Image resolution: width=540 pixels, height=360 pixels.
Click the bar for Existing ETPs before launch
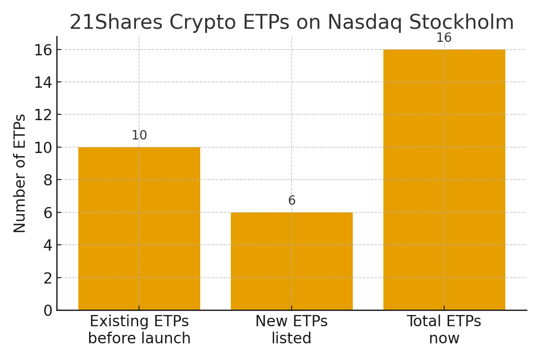pos(139,229)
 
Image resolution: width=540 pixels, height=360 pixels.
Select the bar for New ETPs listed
pos(292,261)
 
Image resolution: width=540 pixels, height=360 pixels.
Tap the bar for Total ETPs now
pos(444,180)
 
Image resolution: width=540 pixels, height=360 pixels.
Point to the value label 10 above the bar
pos(139,135)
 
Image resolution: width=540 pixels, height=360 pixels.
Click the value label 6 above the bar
pos(292,201)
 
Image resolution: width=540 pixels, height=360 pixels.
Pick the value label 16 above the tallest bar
pos(444,38)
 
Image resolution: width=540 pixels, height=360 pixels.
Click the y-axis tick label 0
pos(48,310)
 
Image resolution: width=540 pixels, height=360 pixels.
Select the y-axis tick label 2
pos(48,278)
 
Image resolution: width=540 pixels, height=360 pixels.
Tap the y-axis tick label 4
pos(48,245)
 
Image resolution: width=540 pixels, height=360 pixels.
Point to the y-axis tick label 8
pos(48,180)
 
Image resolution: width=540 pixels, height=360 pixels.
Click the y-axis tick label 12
pos(43,115)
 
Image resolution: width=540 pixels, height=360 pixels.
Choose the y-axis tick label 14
pos(43,82)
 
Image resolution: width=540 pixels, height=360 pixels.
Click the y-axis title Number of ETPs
pos(20,173)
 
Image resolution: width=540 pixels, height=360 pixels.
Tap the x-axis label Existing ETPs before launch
pos(139,330)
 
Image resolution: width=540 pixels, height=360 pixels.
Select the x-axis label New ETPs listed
pos(292,330)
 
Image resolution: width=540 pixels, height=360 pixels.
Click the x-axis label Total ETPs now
pos(444,330)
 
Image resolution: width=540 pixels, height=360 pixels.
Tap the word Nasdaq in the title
pos(364,22)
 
